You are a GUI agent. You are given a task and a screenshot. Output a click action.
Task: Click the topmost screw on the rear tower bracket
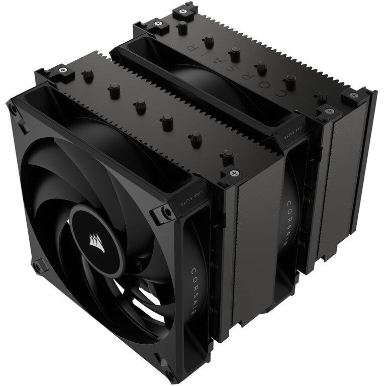point(179,11)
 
